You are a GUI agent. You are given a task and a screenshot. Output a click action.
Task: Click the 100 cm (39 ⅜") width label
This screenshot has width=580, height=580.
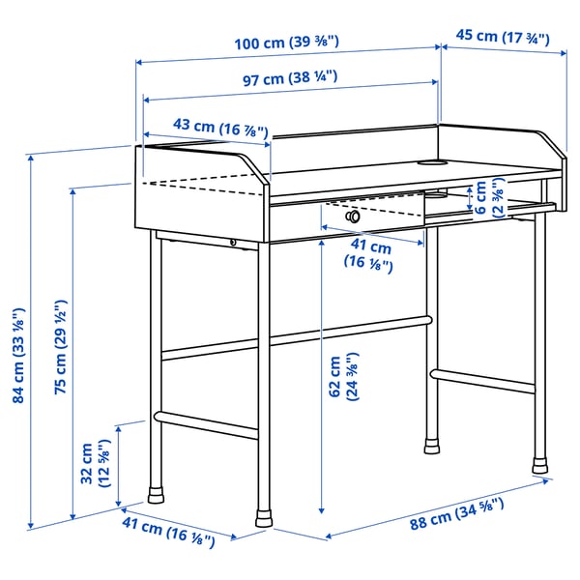coord(289,43)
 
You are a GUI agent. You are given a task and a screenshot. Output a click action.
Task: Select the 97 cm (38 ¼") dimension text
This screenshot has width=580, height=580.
coord(289,80)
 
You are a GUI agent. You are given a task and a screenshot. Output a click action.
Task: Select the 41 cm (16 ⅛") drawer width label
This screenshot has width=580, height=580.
coord(370,253)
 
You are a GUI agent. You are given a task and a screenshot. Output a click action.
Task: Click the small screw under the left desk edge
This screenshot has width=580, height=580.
coord(233,242)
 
